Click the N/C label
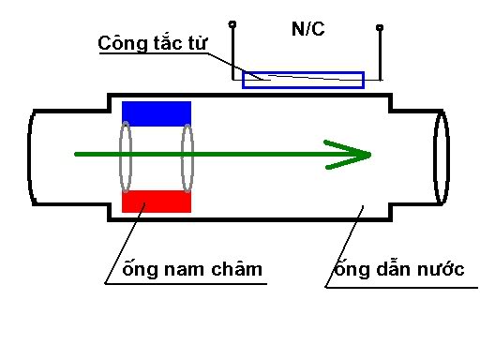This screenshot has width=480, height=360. (x=307, y=29)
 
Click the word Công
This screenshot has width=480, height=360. (x=122, y=43)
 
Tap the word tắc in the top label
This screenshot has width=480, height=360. (x=167, y=43)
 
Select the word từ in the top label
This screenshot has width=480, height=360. (x=197, y=43)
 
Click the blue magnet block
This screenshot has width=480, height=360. (x=157, y=113)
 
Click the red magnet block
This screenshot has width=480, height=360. (x=157, y=202)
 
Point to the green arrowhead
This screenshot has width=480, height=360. (x=349, y=155)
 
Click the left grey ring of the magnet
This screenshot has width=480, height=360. (x=120, y=157)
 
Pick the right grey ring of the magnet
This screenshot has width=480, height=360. (x=182, y=157)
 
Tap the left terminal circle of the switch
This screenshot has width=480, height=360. (x=232, y=24)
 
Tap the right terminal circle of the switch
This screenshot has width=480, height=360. (x=380, y=27)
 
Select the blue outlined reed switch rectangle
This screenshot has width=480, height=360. (x=303, y=72)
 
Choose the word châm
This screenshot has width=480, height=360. (x=236, y=268)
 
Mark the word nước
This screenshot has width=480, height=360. (x=441, y=269)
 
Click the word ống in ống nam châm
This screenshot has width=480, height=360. (x=140, y=268)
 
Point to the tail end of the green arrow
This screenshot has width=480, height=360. (x=76, y=154)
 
